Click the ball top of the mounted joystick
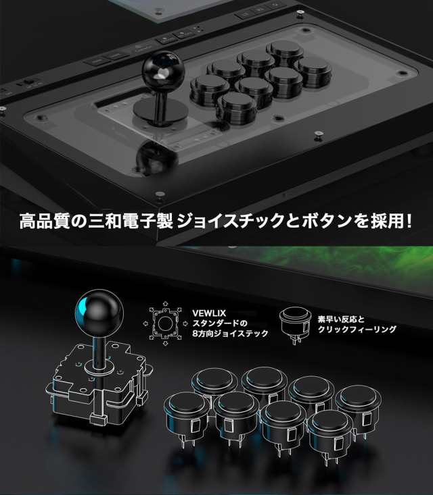[x=159, y=72]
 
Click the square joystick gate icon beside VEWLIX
[x=162, y=323]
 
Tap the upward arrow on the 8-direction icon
[x=163, y=305]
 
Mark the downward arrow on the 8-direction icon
[x=163, y=343]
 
